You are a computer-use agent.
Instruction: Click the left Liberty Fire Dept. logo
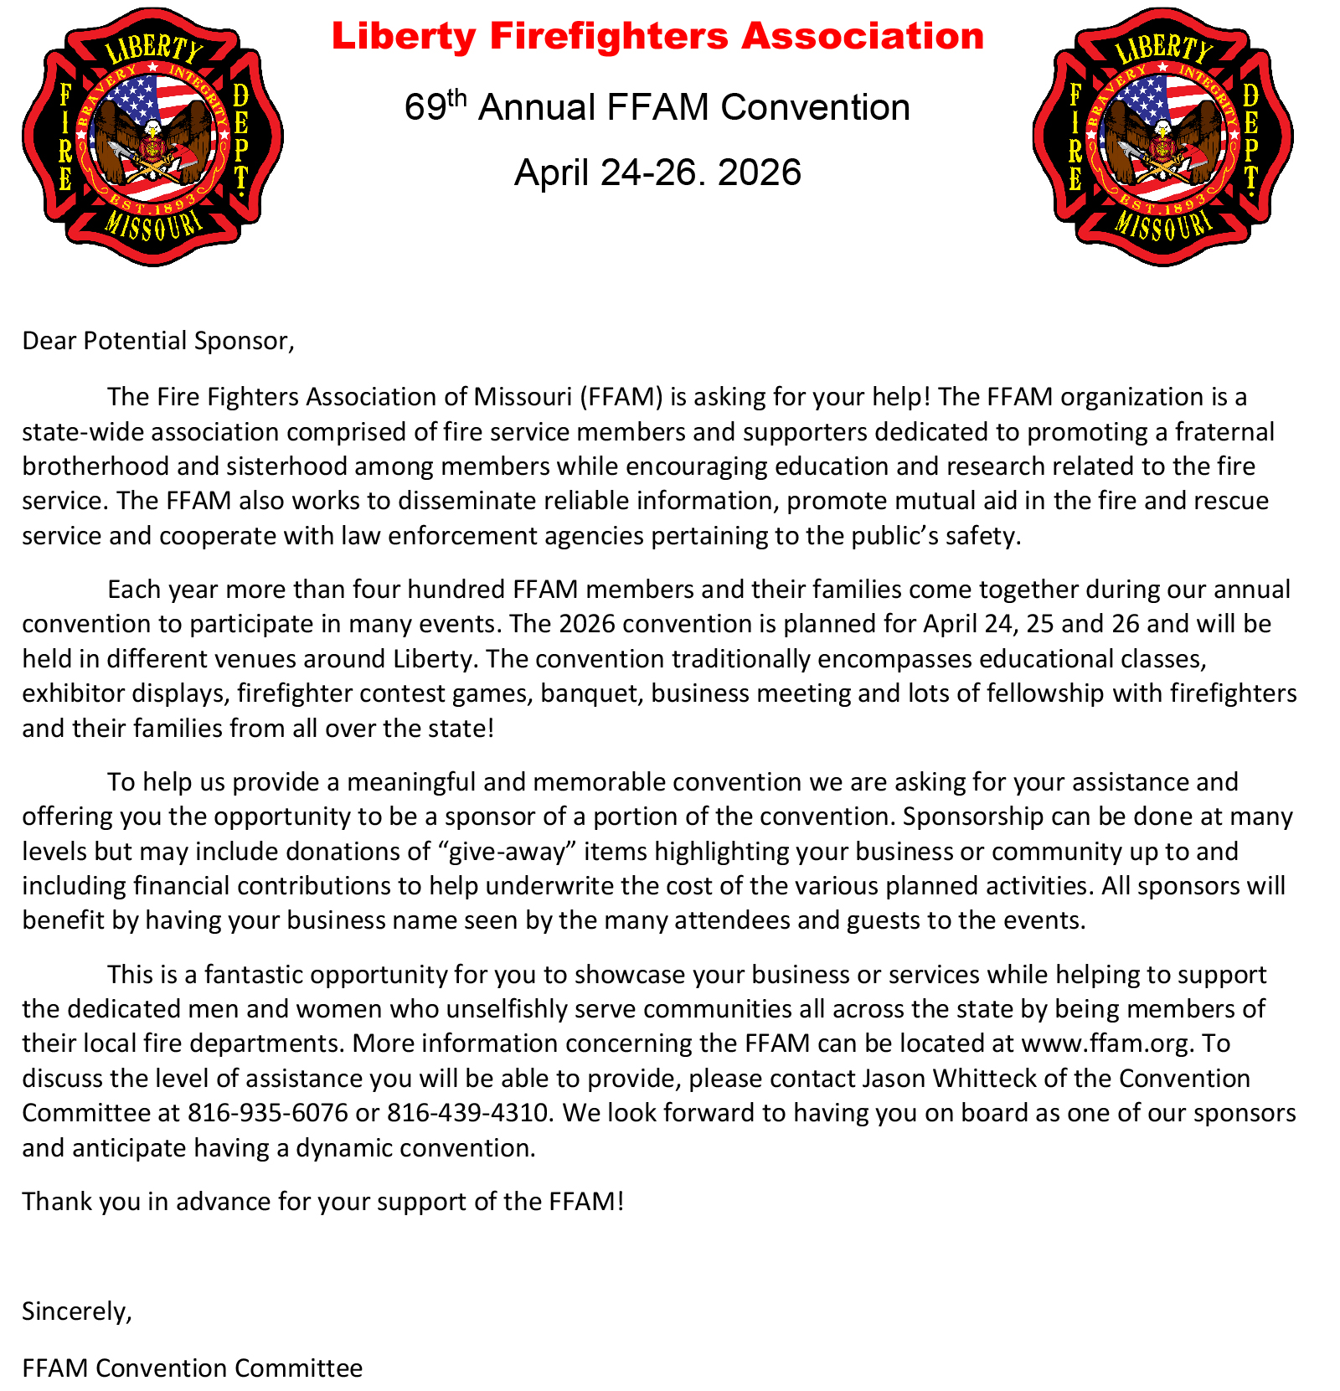point(152,137)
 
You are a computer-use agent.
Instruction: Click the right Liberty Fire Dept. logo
point(1162,137)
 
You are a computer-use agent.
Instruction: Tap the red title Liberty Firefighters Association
point(657,36)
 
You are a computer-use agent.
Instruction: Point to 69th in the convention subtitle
point(435,106)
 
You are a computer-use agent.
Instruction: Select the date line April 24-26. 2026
point(657,173)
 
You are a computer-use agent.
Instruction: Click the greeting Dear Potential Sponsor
point(158,341)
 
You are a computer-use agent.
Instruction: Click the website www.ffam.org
point(1105,1043)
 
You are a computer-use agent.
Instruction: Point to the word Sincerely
point(77,1311)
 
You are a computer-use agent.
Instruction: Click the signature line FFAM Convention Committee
point(193,1368)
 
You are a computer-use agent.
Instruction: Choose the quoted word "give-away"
point(508,852)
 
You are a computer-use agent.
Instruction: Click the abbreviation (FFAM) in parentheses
point(621,397)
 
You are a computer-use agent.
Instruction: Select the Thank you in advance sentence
point(323,1202)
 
